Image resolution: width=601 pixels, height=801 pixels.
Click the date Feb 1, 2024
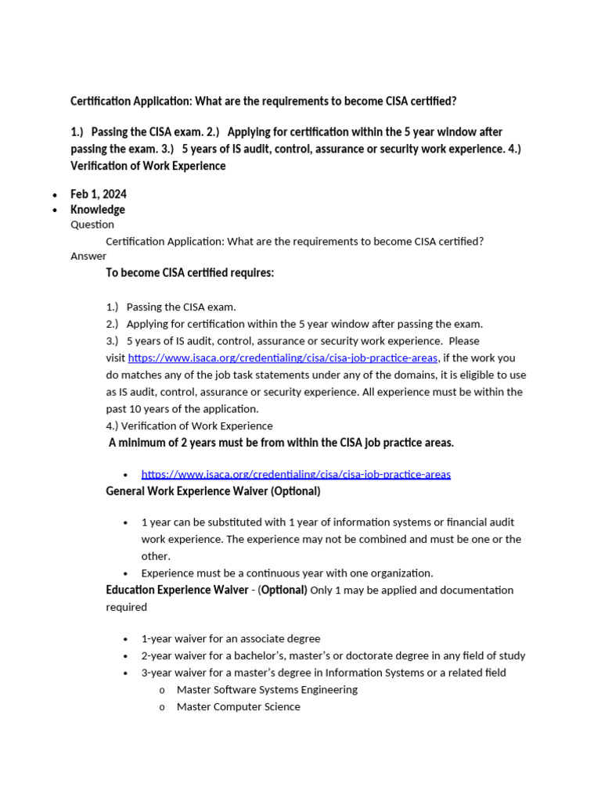coord(99,194)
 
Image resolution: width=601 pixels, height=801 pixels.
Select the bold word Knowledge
coord(98,210)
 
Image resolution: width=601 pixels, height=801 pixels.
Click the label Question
coord(92,224)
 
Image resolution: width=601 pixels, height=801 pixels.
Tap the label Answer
coord(88,256)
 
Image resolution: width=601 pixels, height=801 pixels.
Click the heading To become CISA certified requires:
coord(190,273)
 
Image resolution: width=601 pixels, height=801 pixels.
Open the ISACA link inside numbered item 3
coord(283,358)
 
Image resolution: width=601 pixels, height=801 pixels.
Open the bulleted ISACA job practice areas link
coord(296,474)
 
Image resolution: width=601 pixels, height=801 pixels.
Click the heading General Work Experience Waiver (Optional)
coord(213,491)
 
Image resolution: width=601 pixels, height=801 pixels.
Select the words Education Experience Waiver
coord(178,590)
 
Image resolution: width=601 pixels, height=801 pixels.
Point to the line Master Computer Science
coord(239,706)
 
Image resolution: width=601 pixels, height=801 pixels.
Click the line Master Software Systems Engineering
coord(267,689)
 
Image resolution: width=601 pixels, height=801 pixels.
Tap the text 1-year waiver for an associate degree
coord(231,638)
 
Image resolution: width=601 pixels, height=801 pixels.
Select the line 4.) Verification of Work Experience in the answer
coord(189,426)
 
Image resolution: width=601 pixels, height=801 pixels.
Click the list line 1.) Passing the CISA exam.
coord(171,307)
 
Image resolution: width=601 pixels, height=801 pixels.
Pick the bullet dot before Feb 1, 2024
coord(55,195)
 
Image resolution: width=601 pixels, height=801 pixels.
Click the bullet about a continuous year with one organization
coord(286,573)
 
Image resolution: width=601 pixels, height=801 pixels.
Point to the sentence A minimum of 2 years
coord(281,443)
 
